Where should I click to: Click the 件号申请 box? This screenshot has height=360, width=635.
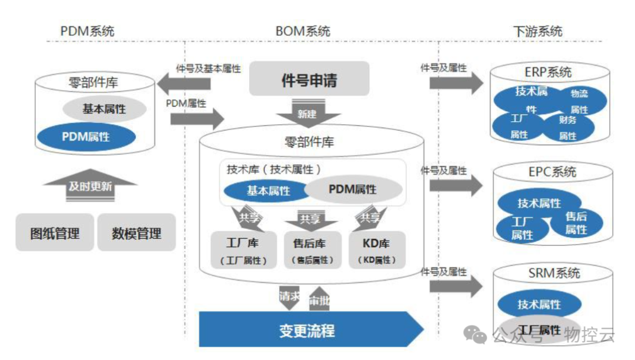point(309,79)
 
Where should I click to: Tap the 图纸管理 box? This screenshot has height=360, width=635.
point(55,233)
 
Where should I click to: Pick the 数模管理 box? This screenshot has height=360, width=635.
point(136,233)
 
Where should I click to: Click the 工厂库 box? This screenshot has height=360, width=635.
point(242,250)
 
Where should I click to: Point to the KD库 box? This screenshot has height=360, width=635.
point(377,250)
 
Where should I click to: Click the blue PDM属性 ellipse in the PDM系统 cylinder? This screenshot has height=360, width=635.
point(86,136)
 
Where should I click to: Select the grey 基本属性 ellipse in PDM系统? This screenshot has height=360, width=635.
point(104,109)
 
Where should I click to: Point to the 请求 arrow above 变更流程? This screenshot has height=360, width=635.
point(289,297)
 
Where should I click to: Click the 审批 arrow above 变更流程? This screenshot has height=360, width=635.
point(320,301)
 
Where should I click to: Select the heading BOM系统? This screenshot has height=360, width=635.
point(303,31)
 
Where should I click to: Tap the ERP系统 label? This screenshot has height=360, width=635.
point(548,72)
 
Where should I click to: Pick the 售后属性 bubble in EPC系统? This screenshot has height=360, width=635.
point(576,223)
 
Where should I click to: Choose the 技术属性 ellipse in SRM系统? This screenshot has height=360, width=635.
point(539,304)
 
